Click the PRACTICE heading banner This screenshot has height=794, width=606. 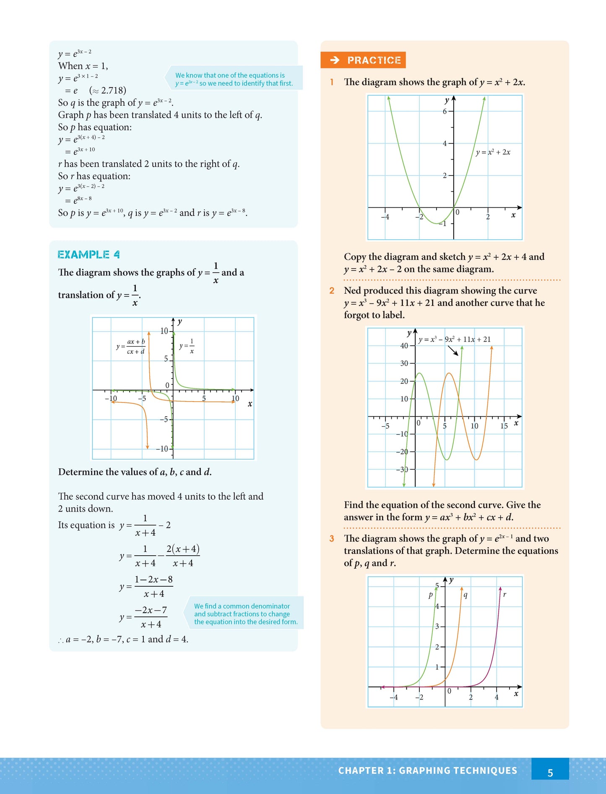point(363,60)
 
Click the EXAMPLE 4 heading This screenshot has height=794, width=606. point(88,255)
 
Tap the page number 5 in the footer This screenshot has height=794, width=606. point(550,773)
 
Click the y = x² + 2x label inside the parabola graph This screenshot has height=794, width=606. point(493,152)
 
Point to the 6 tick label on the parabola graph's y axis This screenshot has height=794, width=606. point(445,111)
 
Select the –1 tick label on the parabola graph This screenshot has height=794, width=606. point(442,224)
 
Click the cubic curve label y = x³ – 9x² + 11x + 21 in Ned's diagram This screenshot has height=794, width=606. point(454,340)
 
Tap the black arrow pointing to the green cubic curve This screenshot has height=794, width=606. point(453,350)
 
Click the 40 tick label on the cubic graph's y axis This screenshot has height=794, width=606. point(404,346)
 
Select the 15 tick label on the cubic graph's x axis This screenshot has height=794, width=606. point(504,426)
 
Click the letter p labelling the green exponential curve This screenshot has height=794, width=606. point(430,595)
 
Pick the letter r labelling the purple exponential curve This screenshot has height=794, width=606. point(505,595)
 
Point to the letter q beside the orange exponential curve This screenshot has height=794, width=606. point(466,595)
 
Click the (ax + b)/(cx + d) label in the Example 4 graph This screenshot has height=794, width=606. point(131,347)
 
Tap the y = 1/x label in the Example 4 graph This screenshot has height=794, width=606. point(187,346)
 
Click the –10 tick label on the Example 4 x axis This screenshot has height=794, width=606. point(111,399)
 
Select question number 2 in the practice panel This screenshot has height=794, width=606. point(332,291)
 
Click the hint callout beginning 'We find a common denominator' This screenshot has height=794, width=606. point(245,614)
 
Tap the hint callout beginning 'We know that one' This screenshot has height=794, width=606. point(234,79)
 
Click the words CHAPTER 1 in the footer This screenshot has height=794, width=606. point(367,770)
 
